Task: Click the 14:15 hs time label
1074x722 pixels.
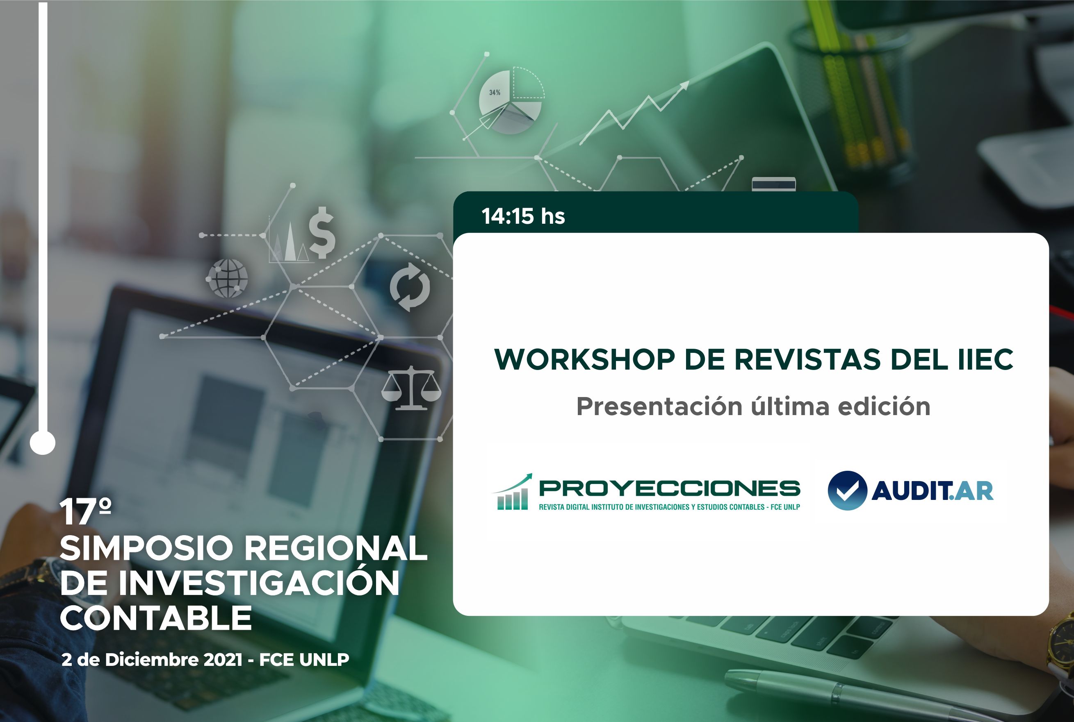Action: (523, 216)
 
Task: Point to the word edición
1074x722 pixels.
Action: (884, 406)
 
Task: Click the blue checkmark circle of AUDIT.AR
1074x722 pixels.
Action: (847, 491)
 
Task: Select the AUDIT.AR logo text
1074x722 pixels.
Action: (932, 491)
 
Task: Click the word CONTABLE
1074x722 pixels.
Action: (156, 618)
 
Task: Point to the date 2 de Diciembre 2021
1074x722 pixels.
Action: (152, 660)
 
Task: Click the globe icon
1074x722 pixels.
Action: (228, 278)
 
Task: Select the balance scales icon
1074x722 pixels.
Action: (411, 388)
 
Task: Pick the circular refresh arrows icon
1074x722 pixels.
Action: (410, 287)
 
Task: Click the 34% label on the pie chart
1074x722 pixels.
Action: (495, 93)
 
